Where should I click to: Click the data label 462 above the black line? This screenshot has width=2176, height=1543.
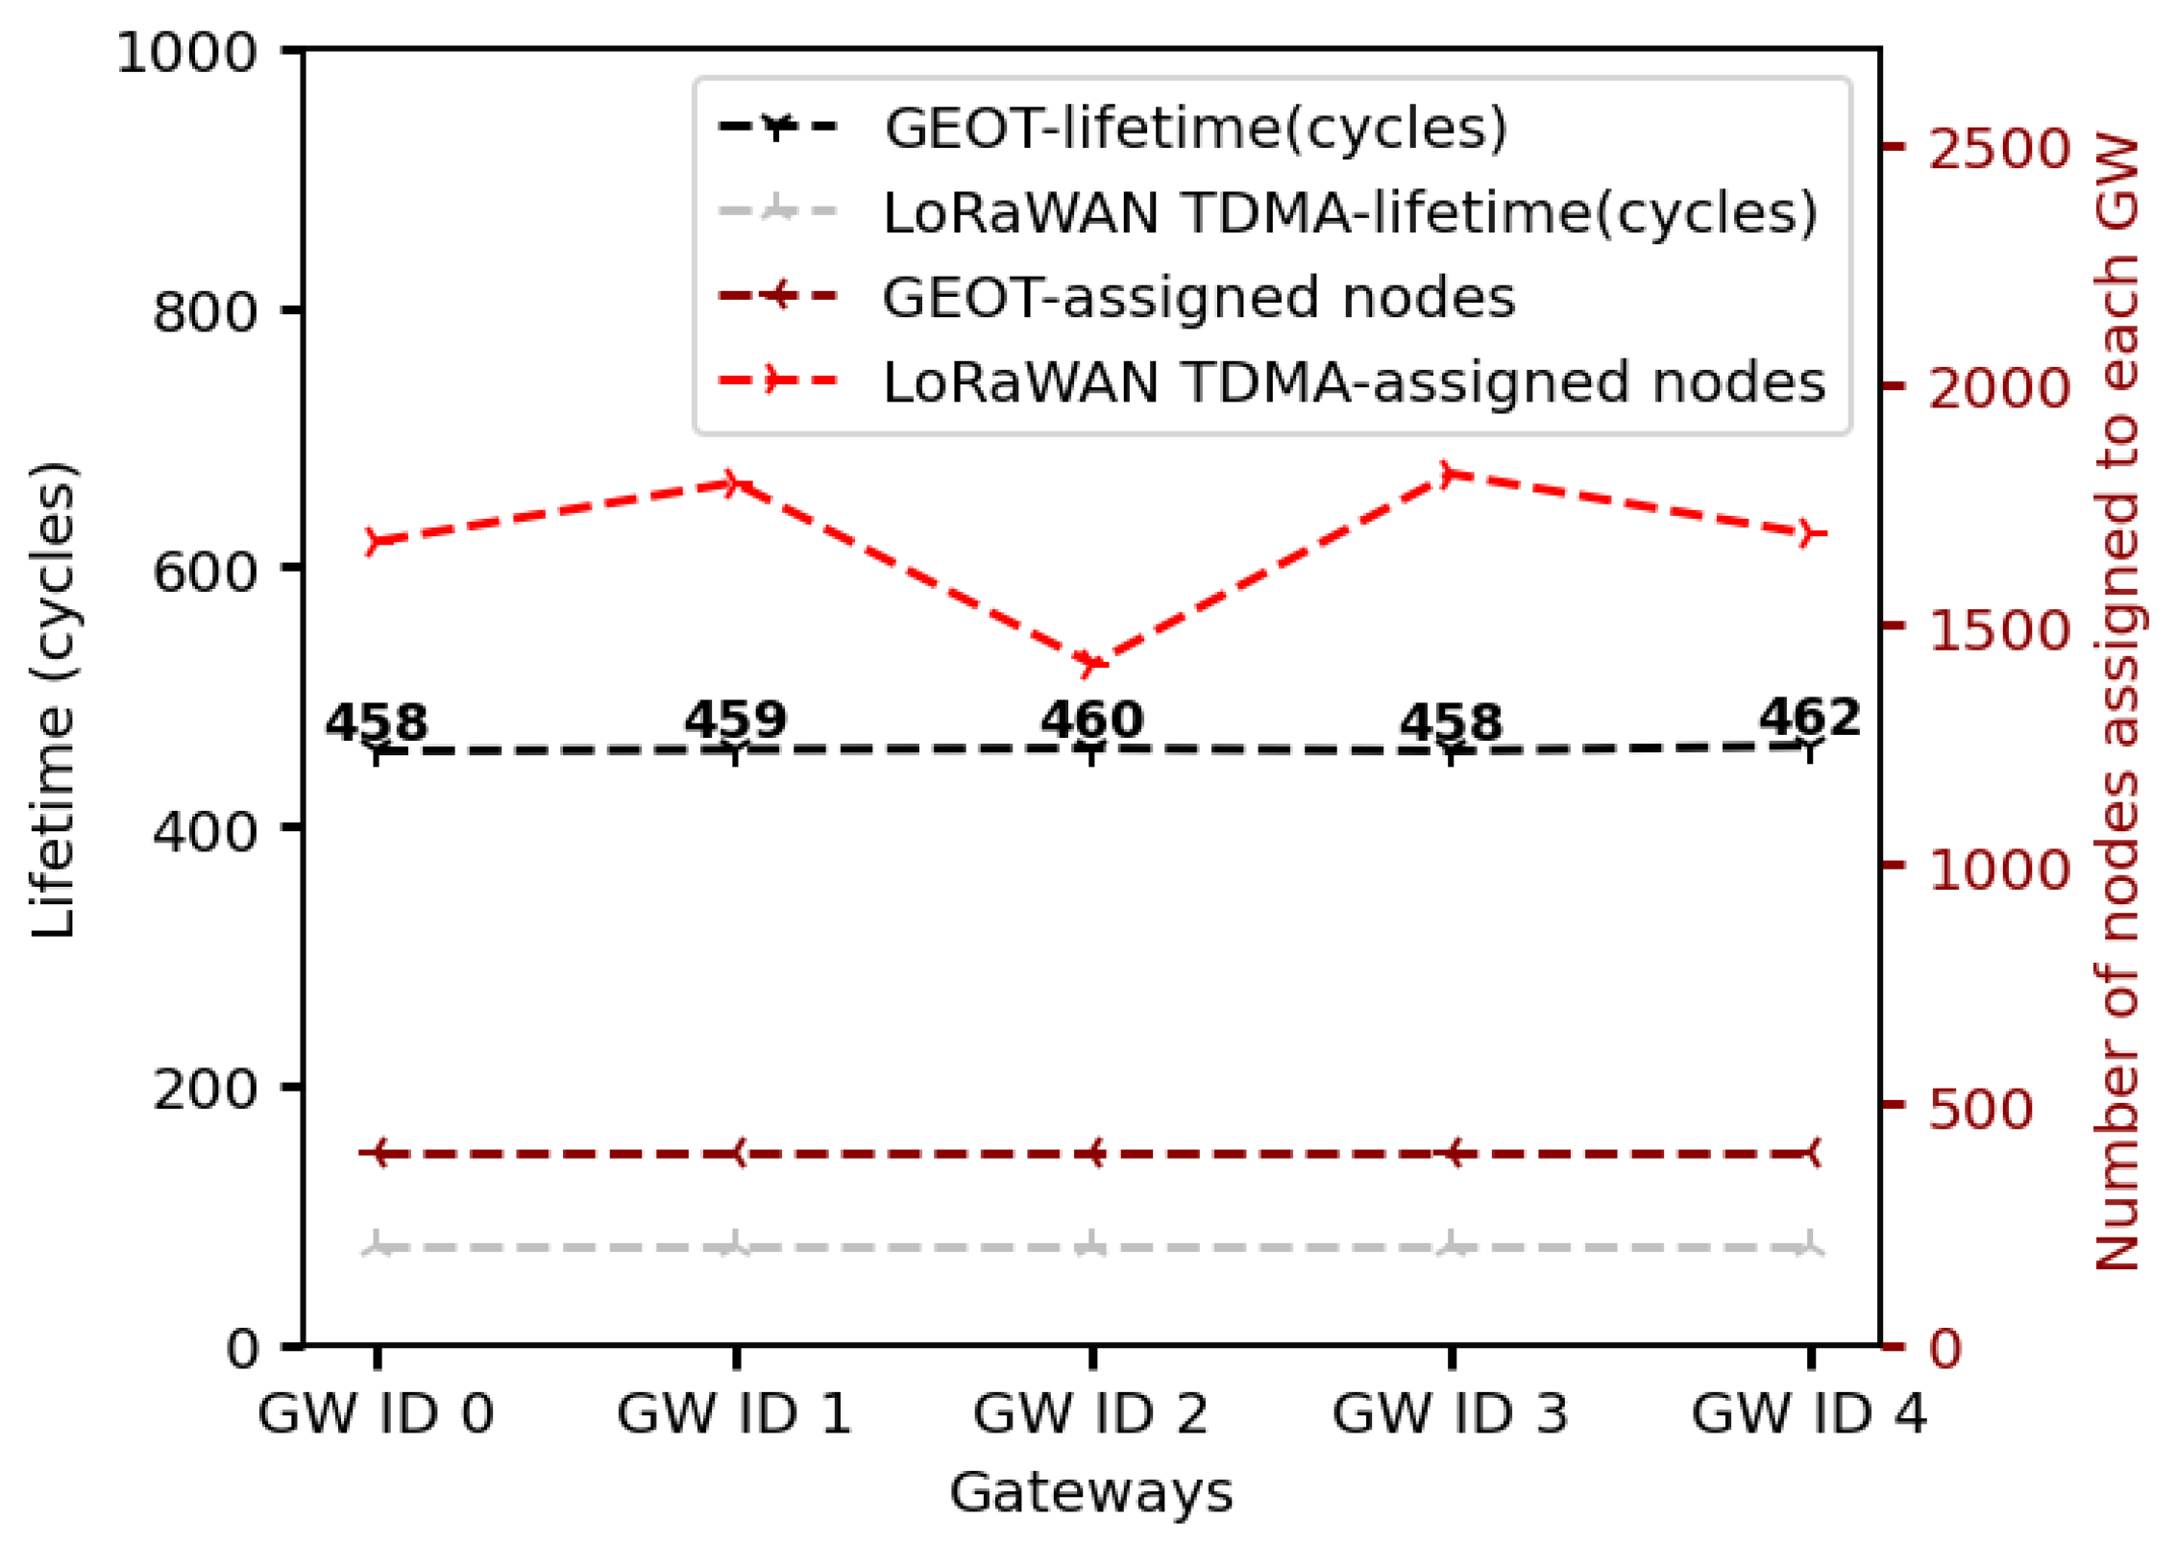[x=1809, y=718]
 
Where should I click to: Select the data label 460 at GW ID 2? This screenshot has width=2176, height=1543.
[x=1091, y=720]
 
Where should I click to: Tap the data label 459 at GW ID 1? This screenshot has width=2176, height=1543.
[x=735, y=720]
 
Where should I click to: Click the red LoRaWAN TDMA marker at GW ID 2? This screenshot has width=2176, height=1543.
[x=1091, y=662]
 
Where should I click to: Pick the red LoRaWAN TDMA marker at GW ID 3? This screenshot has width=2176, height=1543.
[x=1452, y=474]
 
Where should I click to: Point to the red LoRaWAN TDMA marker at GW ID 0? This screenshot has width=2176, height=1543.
[x=378, y=541]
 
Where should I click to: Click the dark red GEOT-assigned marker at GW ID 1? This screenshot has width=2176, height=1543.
[x=735, y=1153]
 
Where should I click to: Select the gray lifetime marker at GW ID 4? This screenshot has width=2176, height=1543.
[x=1810, y=1247]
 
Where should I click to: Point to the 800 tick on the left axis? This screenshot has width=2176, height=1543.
[x=205, y=312]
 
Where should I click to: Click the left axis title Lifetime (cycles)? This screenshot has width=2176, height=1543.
[x=53, y=701]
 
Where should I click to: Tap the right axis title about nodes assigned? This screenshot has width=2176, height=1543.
[x=2118, y=701]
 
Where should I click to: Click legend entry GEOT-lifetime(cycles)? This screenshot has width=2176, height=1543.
[x=1195, y=128]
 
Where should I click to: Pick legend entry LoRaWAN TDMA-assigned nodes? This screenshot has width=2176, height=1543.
[x=1354, y=382]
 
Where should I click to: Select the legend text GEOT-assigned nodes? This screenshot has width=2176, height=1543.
[x=1199, y=297]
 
